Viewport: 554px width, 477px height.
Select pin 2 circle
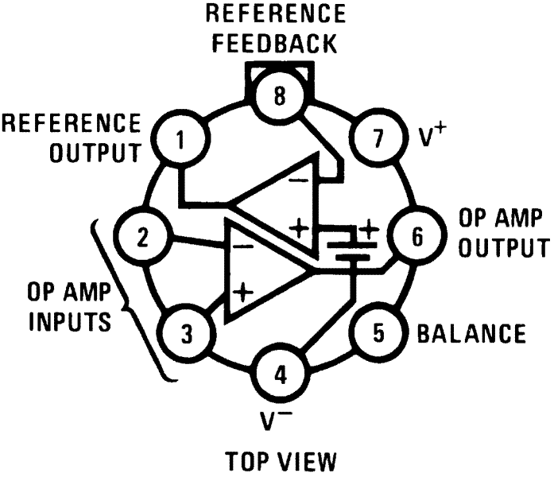141,236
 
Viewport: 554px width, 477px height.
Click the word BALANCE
471,333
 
